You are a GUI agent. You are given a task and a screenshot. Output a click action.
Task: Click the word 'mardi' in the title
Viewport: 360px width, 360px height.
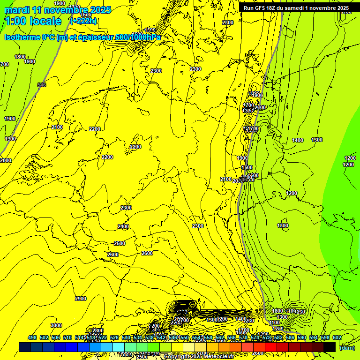tap(16, 10)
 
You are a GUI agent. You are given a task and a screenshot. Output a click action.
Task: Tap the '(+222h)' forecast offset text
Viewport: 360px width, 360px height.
tap(83, 21)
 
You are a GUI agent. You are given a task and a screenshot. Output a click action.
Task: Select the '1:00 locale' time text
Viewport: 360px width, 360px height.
tap(33, 21)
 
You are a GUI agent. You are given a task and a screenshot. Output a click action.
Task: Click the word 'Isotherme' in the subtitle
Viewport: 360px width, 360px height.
tap(21, 37)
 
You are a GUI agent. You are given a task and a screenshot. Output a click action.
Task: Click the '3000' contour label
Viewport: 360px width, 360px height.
tap(56, 325)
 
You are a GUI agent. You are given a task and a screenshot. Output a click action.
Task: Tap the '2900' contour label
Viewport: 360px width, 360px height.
tap(81, 299)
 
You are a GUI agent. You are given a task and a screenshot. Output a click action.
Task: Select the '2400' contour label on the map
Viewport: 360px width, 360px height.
tap(123, 226)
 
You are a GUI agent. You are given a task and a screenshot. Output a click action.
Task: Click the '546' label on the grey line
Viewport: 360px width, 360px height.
tap(42, 85)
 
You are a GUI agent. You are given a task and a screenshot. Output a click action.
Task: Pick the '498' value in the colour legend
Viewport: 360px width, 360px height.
tap(32, 337)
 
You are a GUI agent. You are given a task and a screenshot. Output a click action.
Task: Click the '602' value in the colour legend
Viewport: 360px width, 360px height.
tap(337, 337)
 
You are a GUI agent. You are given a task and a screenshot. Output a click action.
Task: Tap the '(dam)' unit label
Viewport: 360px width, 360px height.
tap(347, 347)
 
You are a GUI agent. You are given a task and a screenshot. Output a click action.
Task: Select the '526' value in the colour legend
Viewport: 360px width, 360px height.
tap(114, 337)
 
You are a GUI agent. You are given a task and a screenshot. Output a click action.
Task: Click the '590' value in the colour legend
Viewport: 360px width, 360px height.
tap(301, 337)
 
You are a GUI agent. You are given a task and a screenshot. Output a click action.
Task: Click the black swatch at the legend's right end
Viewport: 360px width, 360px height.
tap(329, 347)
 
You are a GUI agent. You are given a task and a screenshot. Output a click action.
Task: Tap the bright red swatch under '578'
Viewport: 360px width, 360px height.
tap(270, 347)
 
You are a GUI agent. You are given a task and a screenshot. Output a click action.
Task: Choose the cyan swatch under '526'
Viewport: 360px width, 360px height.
tap(119, 347)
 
